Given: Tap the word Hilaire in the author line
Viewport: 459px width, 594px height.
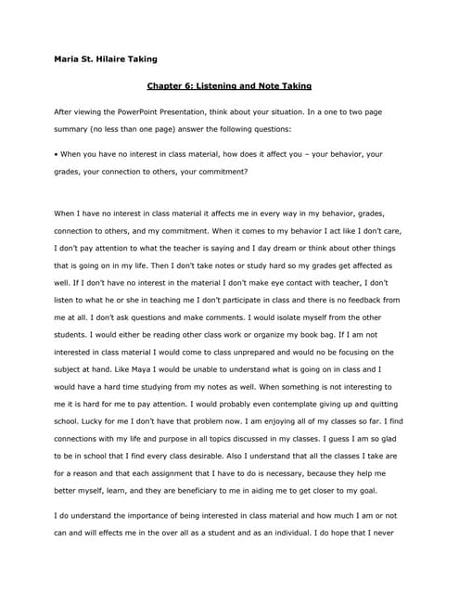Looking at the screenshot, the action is [x=114, y=59].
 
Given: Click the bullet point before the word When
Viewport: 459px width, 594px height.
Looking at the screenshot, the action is [x=57, y=154].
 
